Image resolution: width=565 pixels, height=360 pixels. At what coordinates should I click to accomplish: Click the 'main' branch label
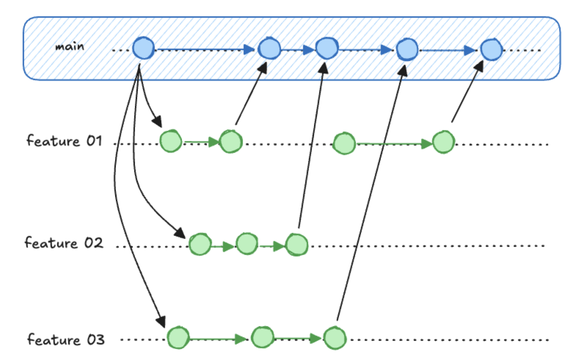click(70, 47)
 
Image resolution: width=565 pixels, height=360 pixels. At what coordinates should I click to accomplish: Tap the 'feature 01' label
click(64, 141)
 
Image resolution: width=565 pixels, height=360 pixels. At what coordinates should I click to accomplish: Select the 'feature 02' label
click(64, 243)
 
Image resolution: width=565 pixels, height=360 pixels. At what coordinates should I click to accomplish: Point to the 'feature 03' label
click(66, 340)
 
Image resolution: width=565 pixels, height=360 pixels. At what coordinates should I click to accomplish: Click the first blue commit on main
click(143, 48)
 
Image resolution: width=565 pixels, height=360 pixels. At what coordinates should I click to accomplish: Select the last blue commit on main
click(491, 50)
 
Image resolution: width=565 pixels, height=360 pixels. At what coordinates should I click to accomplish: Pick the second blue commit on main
click(269, 49)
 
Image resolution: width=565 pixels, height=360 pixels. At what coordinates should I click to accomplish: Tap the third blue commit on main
click(327, 48)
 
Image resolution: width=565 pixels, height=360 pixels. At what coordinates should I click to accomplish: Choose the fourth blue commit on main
click(407, 49)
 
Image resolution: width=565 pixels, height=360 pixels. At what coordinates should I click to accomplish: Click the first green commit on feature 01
click(171, 141)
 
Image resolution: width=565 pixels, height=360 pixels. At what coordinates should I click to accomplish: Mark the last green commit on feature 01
click(443, 142)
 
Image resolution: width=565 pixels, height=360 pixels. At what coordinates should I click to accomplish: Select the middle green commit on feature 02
click(247, 244)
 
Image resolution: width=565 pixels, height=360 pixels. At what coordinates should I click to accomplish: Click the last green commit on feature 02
click(297, 245)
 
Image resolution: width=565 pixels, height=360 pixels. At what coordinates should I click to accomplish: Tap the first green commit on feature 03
click(178, 338)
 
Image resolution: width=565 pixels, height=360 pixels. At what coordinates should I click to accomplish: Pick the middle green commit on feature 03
click(263, 337)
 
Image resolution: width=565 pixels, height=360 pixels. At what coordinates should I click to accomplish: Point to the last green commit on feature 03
click(335, 338)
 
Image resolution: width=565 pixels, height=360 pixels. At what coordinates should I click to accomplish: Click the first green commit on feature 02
click(200, 244)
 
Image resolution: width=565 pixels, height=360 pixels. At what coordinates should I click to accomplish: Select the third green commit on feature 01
click(344, 143)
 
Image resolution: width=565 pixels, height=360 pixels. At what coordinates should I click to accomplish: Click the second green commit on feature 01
click(231, 142)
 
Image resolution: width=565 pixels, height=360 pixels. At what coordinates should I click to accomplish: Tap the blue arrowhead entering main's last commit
click(470, 50)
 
